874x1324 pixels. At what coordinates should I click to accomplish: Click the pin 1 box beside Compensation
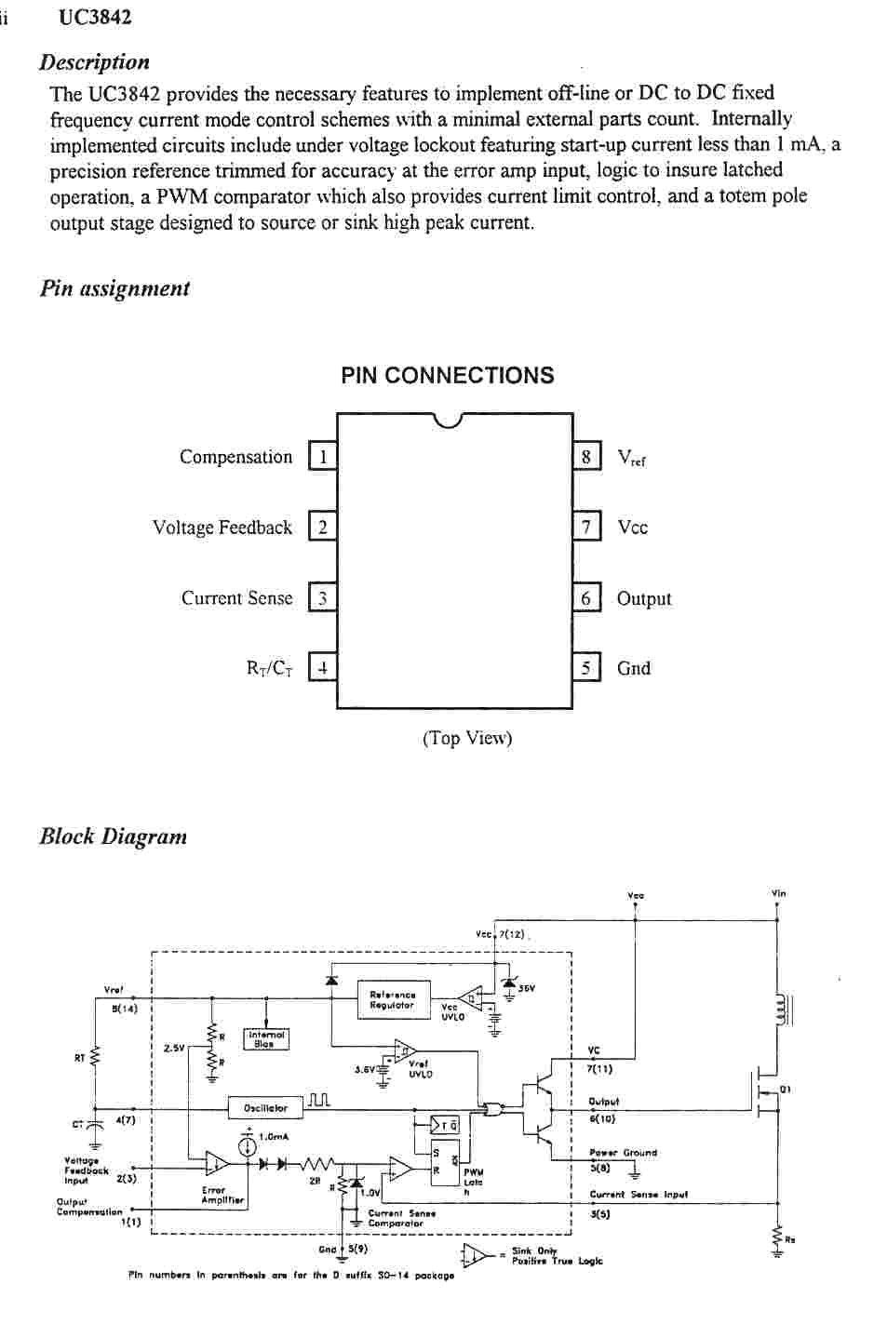(322, 457)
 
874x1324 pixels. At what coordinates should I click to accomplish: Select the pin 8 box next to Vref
(586, 457)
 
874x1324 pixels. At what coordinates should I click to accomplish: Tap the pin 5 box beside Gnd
(586, 668)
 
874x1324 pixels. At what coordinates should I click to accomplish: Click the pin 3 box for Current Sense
(322, 598)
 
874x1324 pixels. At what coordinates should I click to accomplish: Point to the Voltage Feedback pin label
(222, 528)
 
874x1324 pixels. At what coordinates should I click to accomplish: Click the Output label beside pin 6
(644, 599)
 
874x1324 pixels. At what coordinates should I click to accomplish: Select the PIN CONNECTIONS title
(448, 376)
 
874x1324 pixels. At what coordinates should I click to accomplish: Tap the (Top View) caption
(467, 739)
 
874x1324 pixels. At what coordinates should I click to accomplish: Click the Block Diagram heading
(113, 836)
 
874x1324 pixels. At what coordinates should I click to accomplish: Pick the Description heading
(94, 62)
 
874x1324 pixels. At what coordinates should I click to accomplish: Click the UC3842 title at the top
(95, 18)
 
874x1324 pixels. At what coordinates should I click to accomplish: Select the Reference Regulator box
(394, 1000)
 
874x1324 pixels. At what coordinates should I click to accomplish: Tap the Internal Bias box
(266, 1039)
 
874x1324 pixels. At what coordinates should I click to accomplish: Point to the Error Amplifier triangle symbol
(216, 1163)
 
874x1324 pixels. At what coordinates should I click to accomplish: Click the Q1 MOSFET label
(786, 1090)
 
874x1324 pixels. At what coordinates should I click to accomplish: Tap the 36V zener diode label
(527, 988)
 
